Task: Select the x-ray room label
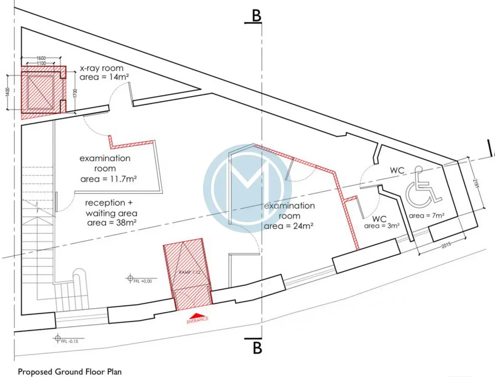102,68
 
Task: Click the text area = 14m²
104,77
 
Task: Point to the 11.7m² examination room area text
108,179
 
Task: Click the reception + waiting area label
111,208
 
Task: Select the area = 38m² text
112,223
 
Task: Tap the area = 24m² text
288,226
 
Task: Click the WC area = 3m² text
382,226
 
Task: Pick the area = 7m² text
427,216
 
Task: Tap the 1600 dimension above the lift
41,58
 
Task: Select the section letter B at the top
256,16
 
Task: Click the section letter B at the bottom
257,348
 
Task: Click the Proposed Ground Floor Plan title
70,372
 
